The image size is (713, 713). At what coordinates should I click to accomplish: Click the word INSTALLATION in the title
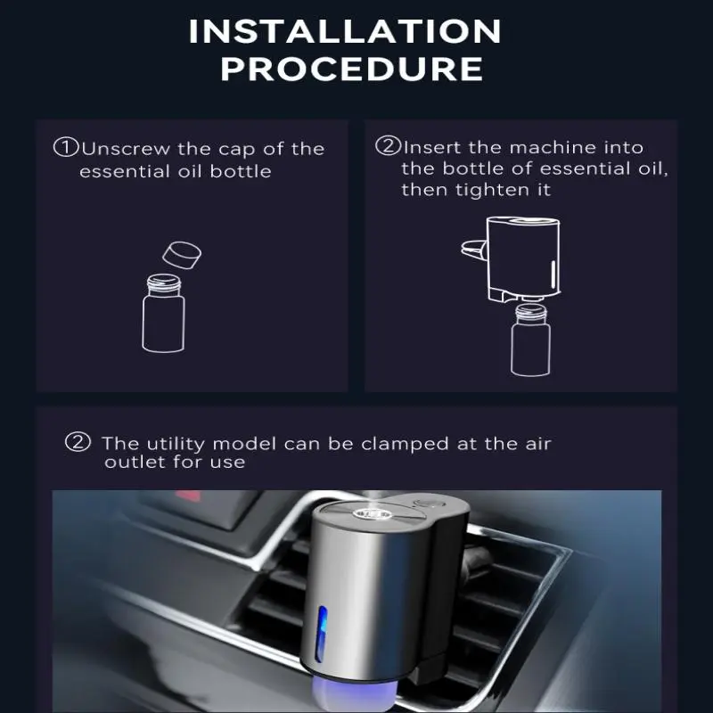tap(345, 31)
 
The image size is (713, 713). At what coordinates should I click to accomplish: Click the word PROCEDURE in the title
tap(351, 70)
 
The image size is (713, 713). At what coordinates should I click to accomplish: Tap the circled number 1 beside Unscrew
tap(66, 147)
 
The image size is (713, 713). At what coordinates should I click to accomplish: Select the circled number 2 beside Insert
tap(388, 146)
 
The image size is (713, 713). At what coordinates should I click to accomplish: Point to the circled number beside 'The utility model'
tap(78, 441)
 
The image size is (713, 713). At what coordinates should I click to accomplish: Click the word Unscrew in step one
tap(126, 149)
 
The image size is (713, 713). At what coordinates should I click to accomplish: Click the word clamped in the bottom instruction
tap(405, 444)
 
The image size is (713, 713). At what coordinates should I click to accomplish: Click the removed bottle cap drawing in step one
tap(182, 255)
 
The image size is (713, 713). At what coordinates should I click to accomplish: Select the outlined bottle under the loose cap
tap(163, 314)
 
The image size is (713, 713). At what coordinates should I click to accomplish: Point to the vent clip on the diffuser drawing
tap(474, 250)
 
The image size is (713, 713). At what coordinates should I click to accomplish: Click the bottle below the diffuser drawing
tap(530, 340)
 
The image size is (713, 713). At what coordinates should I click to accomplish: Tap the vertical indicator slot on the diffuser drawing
tap(553, 275)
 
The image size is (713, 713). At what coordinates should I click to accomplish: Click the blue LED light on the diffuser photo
tap(322, 633)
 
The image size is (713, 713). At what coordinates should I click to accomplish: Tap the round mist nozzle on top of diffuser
tap(372, 514)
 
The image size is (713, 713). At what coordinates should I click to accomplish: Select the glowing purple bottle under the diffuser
tap(355, 695)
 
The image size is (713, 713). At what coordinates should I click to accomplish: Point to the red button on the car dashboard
tap(188, 496)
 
